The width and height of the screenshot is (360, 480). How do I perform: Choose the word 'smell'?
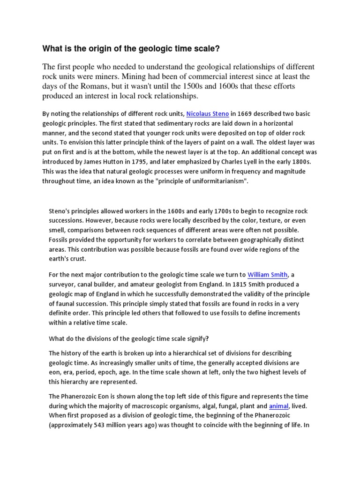59,230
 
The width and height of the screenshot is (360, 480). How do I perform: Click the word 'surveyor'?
63,284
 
